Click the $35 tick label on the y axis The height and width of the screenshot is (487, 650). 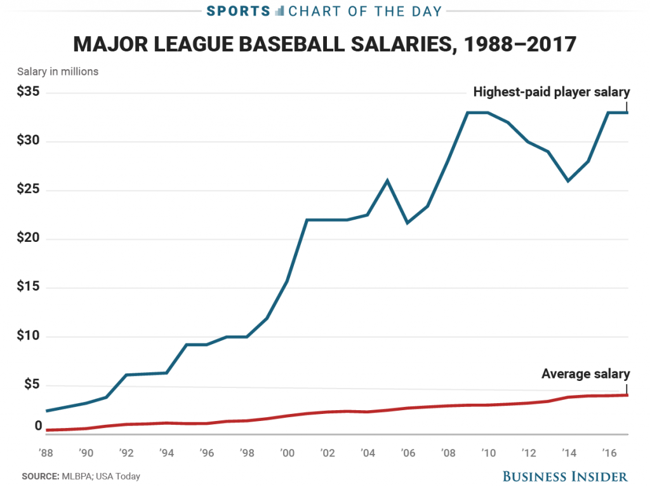tap(29, 92)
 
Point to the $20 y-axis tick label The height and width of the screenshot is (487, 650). tap(29, 239)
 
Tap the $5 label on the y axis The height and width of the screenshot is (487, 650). tap(32, 385)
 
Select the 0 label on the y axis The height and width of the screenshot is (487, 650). tap(37, 426)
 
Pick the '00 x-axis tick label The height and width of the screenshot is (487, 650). tap(288, 453)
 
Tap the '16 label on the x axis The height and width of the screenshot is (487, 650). tap(609, 453)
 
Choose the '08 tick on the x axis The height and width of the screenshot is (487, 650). tap(448, 453)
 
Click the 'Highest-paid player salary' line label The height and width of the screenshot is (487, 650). tap(551, 91)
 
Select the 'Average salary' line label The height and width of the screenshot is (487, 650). tap(585, 374)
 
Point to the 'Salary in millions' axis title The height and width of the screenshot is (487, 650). tap(58, 72)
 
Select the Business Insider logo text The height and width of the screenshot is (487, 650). tap(566, 476)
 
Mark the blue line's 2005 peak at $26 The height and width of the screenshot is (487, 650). tap(388, 180)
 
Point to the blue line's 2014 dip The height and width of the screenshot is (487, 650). tap(568, 181)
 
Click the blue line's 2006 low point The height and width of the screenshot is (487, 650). tap(408, 223)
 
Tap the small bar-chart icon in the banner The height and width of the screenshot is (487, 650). tap(280, 11)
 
